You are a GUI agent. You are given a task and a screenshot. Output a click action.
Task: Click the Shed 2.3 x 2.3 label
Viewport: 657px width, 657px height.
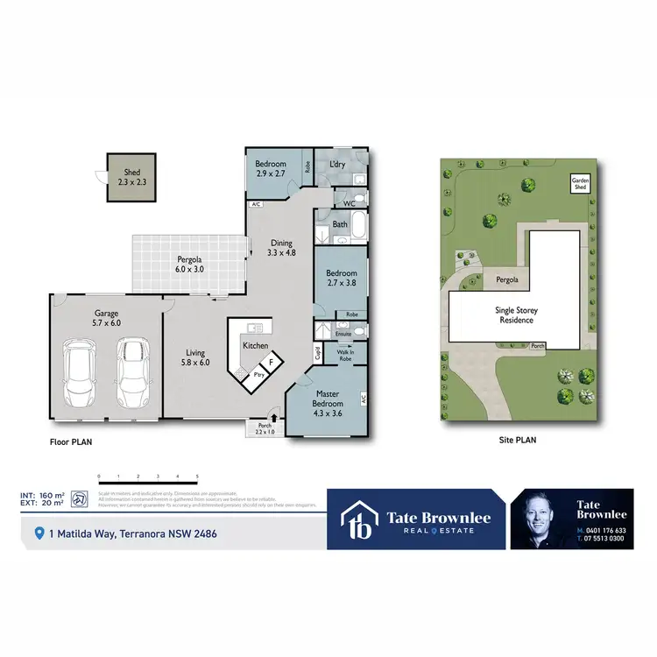[x=129, y=178]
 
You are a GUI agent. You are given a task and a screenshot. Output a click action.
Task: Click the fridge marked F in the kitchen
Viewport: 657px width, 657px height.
[x=272, y=361]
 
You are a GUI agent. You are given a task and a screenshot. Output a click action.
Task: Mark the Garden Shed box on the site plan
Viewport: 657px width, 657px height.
[x=580, y=184]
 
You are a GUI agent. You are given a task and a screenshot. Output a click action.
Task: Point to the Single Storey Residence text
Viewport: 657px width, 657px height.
[x=516, y=315]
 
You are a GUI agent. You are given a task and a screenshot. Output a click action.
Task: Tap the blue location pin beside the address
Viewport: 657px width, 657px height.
[x=39, y=533]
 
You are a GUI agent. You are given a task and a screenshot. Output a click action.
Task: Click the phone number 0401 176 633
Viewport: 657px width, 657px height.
[x=605, y=531]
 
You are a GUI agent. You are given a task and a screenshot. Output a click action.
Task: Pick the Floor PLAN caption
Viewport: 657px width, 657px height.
[x=72, y=443]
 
